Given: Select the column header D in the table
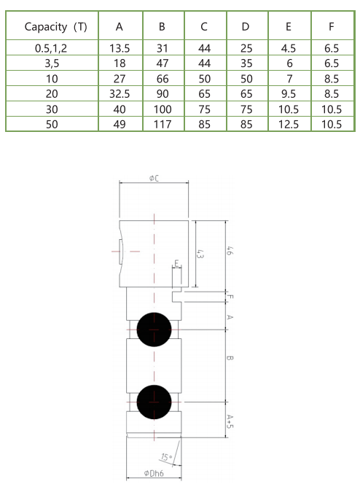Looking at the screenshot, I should [246, 27].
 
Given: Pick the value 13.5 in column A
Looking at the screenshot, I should [119, 47].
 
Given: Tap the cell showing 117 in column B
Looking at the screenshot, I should [162, 124].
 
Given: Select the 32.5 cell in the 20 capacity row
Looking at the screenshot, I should [119, 93].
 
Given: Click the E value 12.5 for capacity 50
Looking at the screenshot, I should [289, 124].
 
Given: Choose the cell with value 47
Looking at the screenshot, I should [162, 63].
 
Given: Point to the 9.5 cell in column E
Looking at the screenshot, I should [289, 93].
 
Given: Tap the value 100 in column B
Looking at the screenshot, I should [162, 109].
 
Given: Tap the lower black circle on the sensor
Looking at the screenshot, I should [154, 400].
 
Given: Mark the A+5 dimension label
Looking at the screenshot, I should [230, 421].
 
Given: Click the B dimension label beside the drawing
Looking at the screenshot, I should [230, 359].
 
